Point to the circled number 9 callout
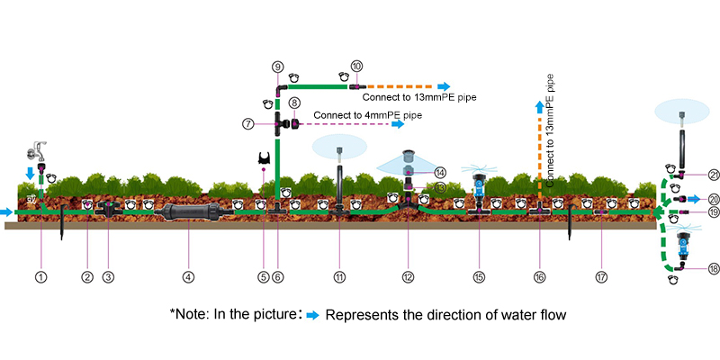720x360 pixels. click(277, 67)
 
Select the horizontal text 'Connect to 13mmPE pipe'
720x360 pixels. click(418, 95)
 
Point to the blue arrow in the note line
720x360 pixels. click(311, 315)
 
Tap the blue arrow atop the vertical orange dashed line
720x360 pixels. click(540, 107)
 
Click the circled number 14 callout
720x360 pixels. click(440, 171)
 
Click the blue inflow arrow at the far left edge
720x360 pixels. click(7, 212)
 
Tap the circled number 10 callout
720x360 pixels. click(356, 67)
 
